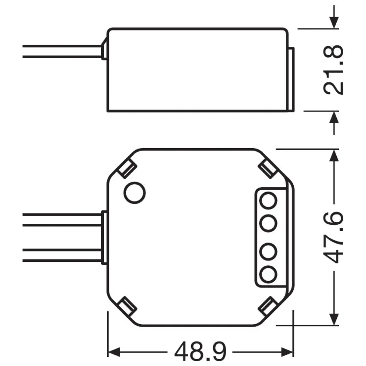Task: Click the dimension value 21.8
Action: click(334, 69)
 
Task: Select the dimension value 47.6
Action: click(334, 236)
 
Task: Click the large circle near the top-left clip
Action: click(135, 192)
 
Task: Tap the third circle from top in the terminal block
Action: click(269, 250)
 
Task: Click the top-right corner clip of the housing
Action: click(268, 168)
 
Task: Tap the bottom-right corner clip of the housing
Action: click(268, 306)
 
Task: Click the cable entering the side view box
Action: click(60, 51)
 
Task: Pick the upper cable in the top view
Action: click(60, 219)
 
